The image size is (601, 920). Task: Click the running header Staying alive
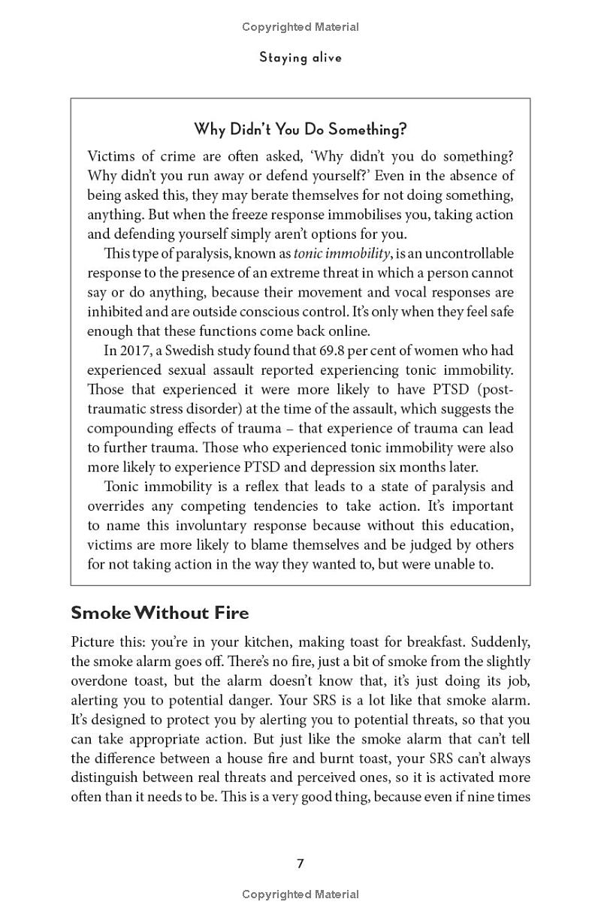[300, 58]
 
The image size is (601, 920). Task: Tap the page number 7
[300, 864]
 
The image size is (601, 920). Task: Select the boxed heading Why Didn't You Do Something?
[300, 129]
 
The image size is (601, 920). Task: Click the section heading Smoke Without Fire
[159, 613]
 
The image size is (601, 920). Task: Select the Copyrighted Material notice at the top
[300, 27]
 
